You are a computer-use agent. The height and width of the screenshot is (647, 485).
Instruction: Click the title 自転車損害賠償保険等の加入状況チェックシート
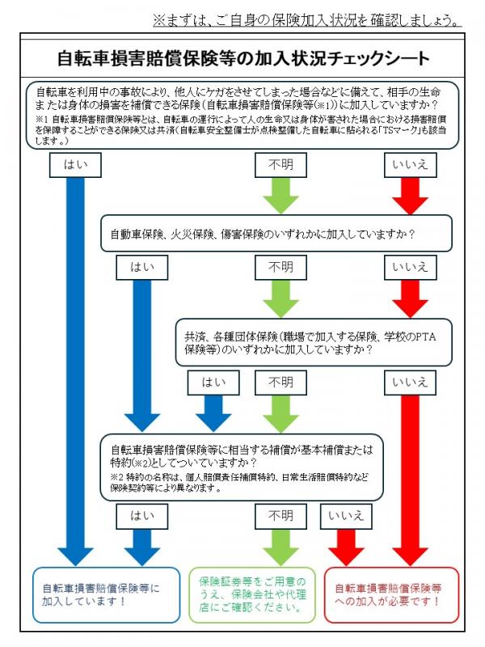243,58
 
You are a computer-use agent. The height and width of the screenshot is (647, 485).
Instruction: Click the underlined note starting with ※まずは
308,19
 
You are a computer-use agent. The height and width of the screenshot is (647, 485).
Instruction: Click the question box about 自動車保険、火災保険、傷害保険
276,234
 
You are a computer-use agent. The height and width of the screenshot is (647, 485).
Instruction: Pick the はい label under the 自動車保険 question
142,268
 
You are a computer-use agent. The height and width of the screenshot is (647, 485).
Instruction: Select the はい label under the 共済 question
213,383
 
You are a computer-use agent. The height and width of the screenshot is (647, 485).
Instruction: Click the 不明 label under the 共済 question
280,383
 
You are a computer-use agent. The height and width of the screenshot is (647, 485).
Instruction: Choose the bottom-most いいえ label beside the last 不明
346,515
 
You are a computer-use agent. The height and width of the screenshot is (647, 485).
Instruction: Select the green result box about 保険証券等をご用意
252,594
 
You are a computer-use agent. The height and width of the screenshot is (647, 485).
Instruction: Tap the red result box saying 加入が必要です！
390,594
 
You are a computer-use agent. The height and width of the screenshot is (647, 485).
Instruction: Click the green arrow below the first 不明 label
280,195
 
